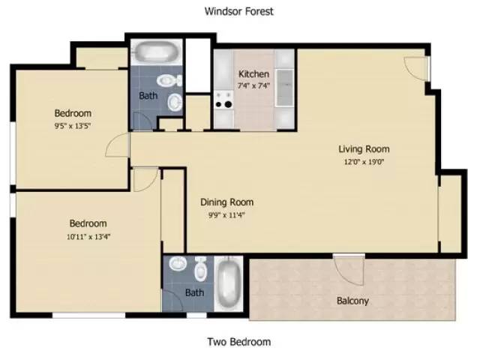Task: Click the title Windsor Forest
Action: point(239,11)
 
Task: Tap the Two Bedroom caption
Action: point(238,342)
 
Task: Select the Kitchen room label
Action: point(253,74)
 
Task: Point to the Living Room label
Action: point(364,148)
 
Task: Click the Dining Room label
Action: point(226,202)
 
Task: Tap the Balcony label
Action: point(352,301)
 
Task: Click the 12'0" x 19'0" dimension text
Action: point(364,161)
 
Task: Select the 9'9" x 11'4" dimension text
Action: point(226,214)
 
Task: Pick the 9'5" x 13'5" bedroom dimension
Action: point(73,126)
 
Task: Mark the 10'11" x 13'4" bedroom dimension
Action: point(88,236)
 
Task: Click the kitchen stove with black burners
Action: point(223,99)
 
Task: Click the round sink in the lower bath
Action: point(178,265)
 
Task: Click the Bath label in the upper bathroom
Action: point(148,96)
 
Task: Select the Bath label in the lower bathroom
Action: point(194,292)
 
